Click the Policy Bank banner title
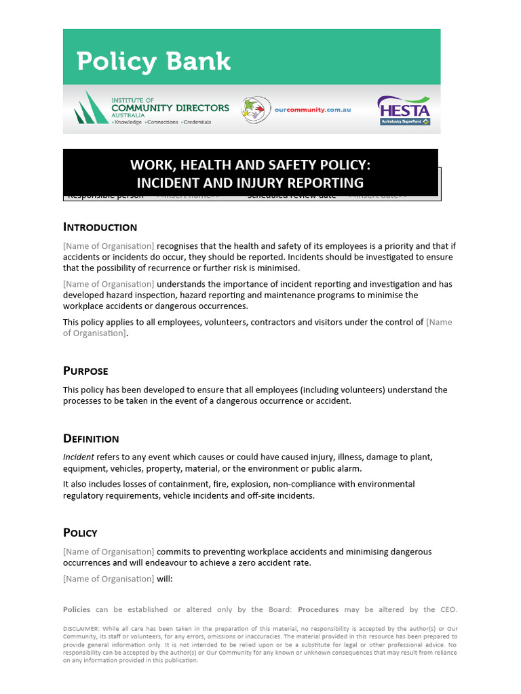click(x=153, y=62)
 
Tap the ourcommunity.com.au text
click(x=312, y=110)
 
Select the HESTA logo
click(x=404, y=110)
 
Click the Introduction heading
click(x=100, y=227)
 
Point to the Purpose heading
click(x=85, y=371)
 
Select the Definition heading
click(x=91, y=438)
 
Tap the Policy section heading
click(x=80, y=533)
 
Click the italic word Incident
click(x=79, y=457)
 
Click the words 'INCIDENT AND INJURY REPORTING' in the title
click(x=250, y=183)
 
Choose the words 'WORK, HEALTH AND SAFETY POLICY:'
click(x=250, y=165)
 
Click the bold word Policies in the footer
click(x=76, y=610)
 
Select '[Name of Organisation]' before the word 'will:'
click(x=109, y=579)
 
